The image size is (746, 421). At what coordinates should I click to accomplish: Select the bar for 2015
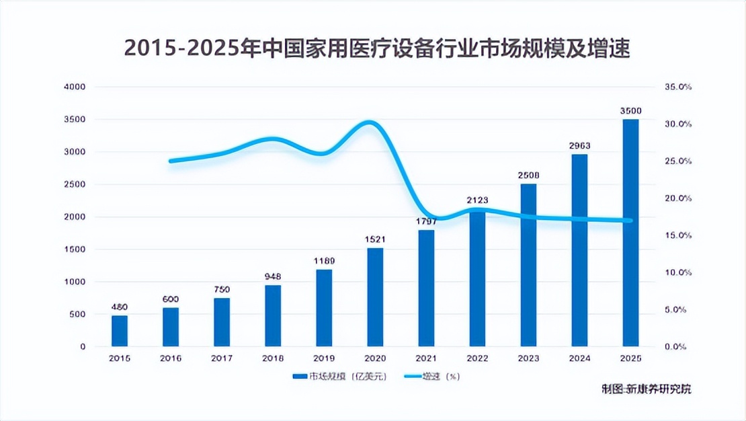pyautogui.click(x=120, y=331)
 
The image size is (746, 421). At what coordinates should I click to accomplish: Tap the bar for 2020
pyautogui.click(x=375, y=297)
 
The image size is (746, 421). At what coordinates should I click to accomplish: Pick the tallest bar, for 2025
pyautogui.click(x=630, y=233)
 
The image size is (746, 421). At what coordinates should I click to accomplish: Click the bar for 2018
pyautogui.click(x=273, y=315)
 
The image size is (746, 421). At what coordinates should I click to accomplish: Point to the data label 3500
pyautogui.click(x=630, y=111)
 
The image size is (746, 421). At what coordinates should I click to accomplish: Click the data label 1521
pyautogui.click(x=375, y=239)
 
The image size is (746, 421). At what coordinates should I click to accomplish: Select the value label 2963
pyautogui.click(x=579, y=146)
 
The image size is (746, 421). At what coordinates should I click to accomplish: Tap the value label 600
pyautogui.click(x=171, y=299)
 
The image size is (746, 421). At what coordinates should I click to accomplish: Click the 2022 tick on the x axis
pyautogui.click(x=477, y=358)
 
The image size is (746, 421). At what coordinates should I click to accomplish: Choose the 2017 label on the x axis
pyautogui.click(x=222, y=358)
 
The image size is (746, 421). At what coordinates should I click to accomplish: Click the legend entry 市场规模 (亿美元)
pyautogui.click(x=333, y=377)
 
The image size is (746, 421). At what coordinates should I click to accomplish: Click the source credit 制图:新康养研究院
pyautogui.click(x=646, y=389)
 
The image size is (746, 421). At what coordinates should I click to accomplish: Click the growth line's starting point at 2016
pyautogui.click(x=171, y=161)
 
